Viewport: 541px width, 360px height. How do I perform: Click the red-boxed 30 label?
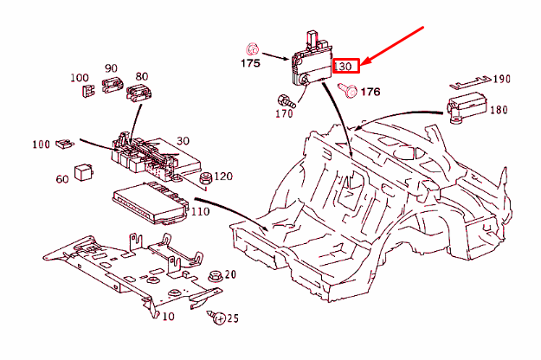(x=345, y=66)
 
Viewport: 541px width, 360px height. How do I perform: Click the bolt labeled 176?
(x=349, y=89)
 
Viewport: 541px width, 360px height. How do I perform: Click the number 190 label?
(x=502, y=79)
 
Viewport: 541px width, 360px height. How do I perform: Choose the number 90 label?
(x=111, y=68)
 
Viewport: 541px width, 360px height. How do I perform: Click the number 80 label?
(x=141, y=75)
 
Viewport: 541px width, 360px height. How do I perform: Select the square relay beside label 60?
(x=85, y=170)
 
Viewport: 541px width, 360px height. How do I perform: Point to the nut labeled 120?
(x=206, y=178)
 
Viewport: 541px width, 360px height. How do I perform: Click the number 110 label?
(x=201, y=211)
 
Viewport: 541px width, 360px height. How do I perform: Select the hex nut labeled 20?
(x=213, y=276)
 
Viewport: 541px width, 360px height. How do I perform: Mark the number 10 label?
(x=167, y=317)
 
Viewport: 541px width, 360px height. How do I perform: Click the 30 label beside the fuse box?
(x=183, y=141)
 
